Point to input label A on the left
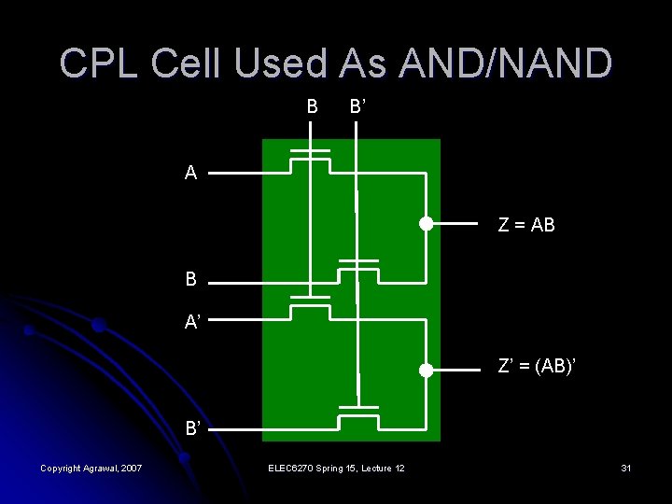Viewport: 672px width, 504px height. (x=190, y=173)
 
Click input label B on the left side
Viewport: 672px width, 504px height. (x=190, y=279)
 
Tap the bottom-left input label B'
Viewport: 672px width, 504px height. (x=192, y=429)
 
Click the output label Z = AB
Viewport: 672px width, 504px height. (x=526, y=224)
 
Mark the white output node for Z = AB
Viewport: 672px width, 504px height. (x=426, y=224)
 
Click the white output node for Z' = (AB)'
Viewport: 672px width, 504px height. (x=426, y=370)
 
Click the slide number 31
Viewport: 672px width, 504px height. (x=625, y=467)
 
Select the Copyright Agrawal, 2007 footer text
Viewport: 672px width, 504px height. (x=91, y=467)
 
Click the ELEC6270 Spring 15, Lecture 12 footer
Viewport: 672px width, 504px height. (x=335, y=467)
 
